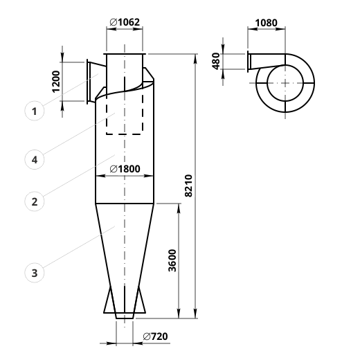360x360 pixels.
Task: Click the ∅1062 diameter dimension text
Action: [x=125, y=22]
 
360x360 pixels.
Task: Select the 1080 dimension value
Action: [x=266, y=23]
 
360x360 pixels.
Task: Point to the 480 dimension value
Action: [x=216, y=61]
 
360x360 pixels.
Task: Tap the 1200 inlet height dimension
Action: [x=56, y=82]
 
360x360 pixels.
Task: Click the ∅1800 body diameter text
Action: [x=125, y=169]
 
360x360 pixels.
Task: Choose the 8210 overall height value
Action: [x=188, y=186]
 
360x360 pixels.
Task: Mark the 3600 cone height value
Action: [x=172, y=260]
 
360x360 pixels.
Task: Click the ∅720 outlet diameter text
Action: [x=155, y=336]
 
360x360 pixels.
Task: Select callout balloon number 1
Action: [x=35, y=111]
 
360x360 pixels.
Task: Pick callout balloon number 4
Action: [x=35, y=159]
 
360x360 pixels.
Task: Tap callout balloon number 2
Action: [x=35, y=201]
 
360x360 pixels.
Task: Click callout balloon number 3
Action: [x=35, y=273]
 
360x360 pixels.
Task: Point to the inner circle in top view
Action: [x=267, y=83]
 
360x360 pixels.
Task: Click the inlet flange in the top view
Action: [x=248, y=62]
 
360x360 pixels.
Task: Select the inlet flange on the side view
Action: [x=87, y=82]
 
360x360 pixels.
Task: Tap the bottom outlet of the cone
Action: [x=125, y=318]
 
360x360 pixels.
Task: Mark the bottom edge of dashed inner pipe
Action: [x=125, y=134]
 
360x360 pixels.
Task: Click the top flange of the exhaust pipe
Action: [x=125, y=54]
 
